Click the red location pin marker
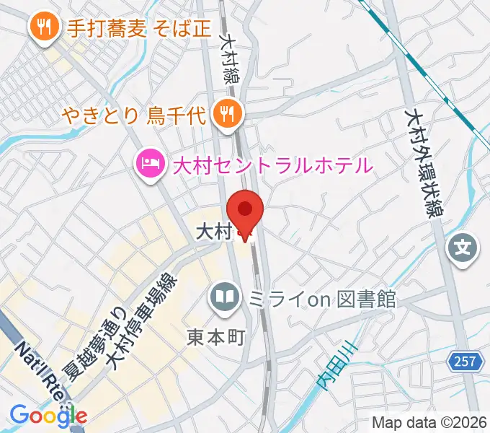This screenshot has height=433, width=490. [245, 211]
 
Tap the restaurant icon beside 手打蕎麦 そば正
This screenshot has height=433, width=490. [44, 27]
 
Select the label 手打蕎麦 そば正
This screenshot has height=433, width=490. [139, 28]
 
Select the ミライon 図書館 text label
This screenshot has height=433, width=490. [322, 297]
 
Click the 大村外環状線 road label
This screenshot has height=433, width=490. [424, 162]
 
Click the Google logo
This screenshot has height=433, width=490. [48, 415]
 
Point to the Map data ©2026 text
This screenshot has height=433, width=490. [426, 422]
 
